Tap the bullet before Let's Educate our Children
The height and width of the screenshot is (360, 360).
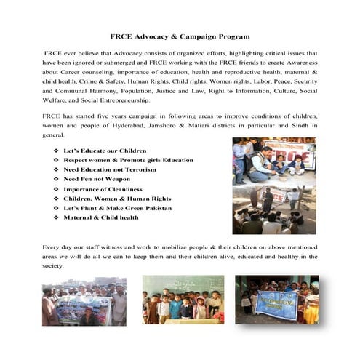pyautogui.click(x=56, y=149)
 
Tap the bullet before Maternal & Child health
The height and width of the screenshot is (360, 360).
pyautogui.click(x=56, y=217)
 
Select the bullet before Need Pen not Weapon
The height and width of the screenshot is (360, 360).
pyautogui.click(x=56, y=178)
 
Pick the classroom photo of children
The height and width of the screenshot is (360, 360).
pyautogui.click(x=183, y=299)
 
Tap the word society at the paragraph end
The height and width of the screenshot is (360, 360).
pyautogui.click(x=53, y=267)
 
